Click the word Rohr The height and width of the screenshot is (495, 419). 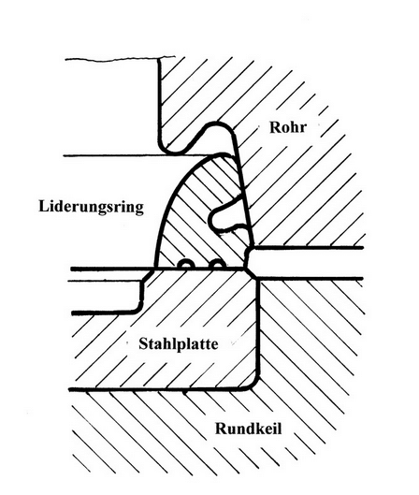click(x=288, y=127)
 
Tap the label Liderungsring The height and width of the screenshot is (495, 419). click(x=91, y=208)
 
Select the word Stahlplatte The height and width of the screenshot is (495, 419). click(x=179, y=344)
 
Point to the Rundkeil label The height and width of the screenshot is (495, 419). click(x=248, y=429)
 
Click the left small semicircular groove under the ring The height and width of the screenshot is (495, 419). click(x=186, y=265)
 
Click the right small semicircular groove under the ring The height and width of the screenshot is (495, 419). click(x=216, y=264)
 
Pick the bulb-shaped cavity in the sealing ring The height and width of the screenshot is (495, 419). click(x=225, y=214)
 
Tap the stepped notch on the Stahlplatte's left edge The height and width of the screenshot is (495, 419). click(x=141, y=292)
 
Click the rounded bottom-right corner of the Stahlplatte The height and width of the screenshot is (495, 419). click(x=253, y=383)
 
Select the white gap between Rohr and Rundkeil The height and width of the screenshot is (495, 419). click(x=309, y=263)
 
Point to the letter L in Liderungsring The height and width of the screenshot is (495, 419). click(x=44, y=206)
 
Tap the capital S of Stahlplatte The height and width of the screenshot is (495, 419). click(x=143, y=344)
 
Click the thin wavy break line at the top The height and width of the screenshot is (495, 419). click(x=120, y=59)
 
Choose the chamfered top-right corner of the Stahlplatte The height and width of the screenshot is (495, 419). click(x=252, y=274)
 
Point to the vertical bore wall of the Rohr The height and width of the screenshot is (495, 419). click(x=160, y=101)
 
